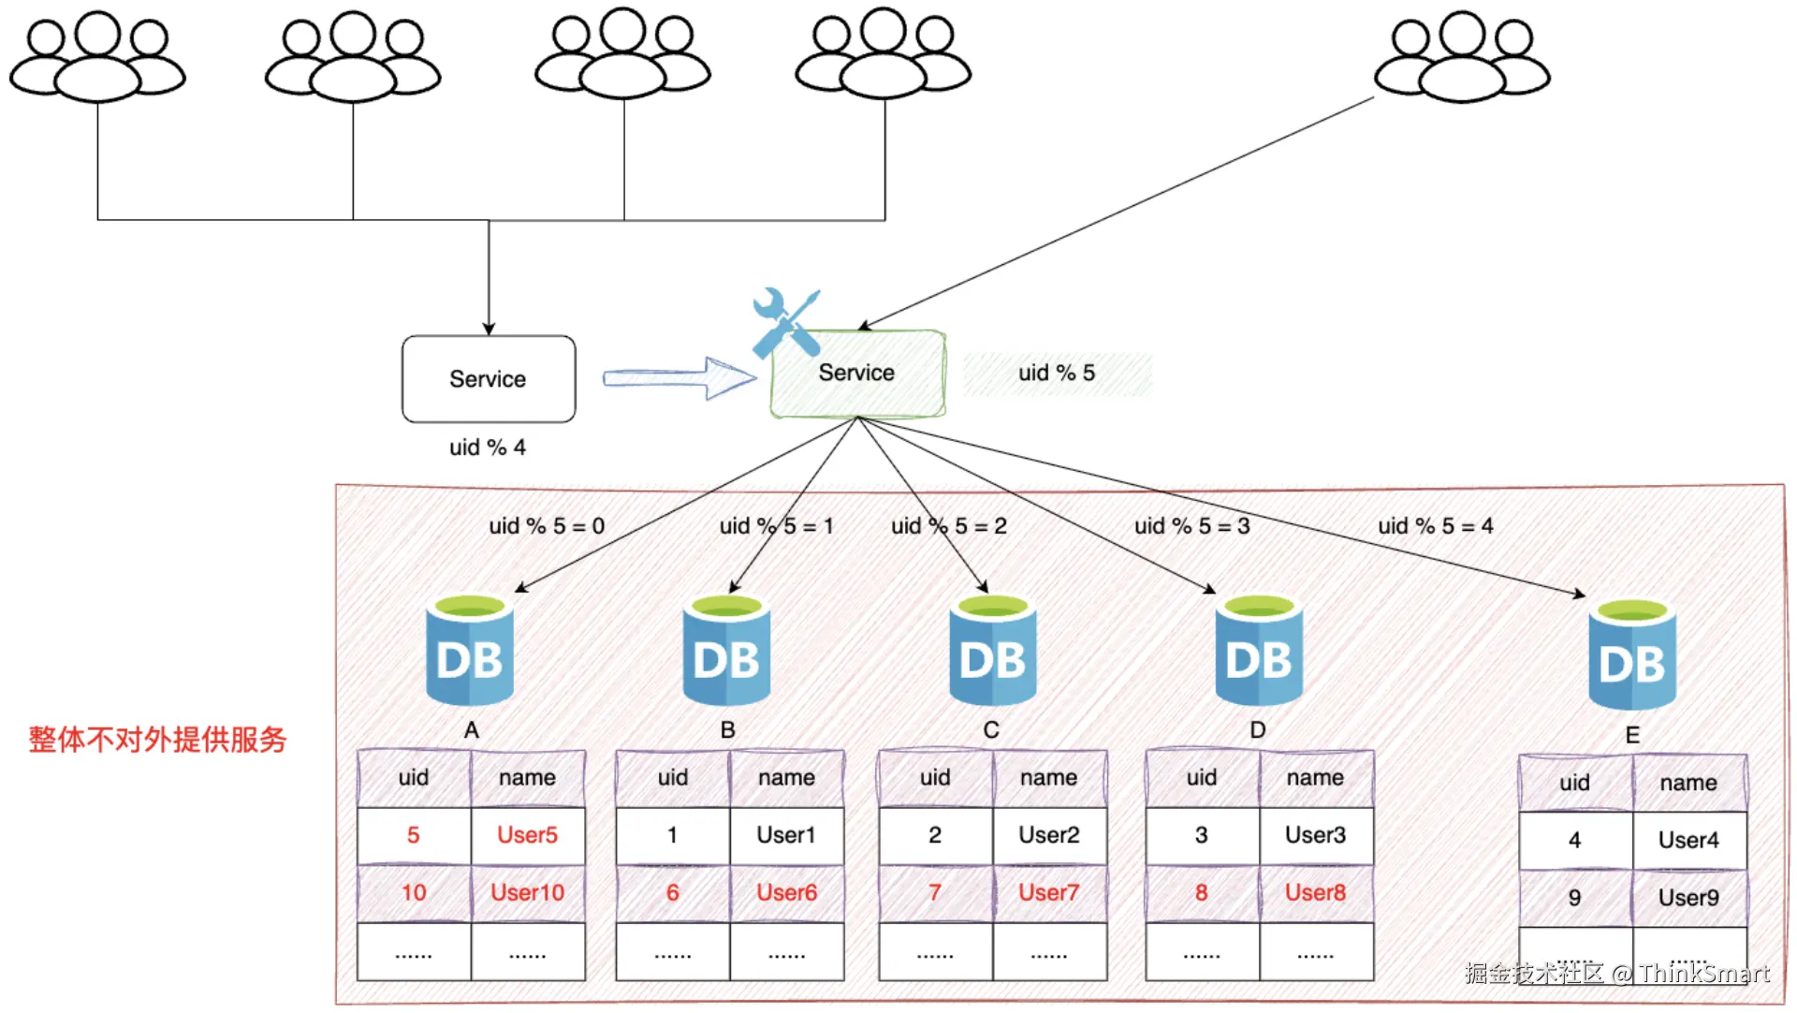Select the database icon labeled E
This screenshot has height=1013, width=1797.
click(1631, 655)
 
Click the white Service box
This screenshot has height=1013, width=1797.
click(489, 379)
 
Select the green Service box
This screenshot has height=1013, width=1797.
click(857, 374)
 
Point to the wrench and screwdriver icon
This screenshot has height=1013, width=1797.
click(785, 322)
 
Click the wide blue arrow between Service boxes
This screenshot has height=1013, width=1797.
click(679, 377)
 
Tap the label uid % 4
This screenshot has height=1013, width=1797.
click(488, 448)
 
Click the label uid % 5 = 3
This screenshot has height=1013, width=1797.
click(1191, 526)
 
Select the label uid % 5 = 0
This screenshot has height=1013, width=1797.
click(547, 526)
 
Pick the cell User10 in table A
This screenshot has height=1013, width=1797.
click(528, 892)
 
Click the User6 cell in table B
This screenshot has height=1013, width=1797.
click(786, 892)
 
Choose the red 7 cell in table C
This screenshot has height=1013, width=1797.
click(935, 892)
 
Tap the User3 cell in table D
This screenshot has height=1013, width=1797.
click(1315, 834)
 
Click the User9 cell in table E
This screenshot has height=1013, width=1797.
click(1688, 898)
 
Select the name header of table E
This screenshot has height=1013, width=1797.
click(1688, 783)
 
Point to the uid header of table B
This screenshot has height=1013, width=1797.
click(673, 777)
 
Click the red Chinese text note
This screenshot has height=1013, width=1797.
click(157, 740)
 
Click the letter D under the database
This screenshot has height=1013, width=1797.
click(1258, 730)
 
